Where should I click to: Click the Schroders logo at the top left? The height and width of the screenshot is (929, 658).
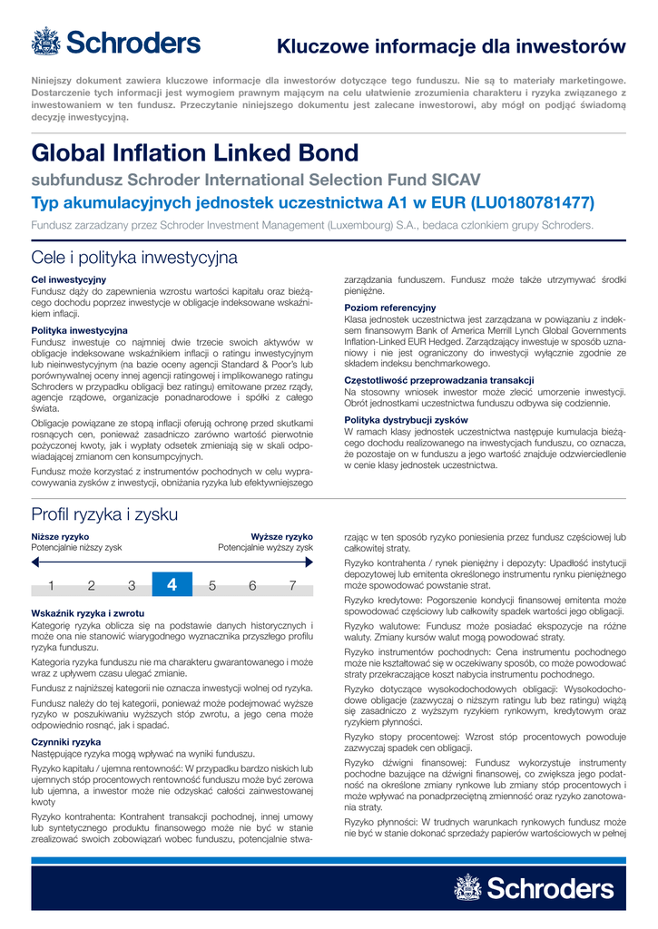click(115, 42)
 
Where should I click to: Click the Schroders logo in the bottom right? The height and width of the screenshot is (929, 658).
click(539, 888)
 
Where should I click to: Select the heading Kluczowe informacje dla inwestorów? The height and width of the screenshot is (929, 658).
click(451, 45)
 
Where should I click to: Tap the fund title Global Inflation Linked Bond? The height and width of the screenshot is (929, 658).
click(195, 152)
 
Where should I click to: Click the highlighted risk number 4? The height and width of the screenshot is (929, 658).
click(172, 585)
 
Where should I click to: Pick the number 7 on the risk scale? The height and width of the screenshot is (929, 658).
click(292, 585)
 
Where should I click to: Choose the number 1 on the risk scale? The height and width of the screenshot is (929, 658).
click(52, 585)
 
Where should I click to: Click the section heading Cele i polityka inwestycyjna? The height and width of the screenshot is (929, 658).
click(134, 257)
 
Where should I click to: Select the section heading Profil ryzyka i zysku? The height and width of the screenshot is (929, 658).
click(104, 514)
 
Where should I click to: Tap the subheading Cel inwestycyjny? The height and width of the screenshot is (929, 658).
click(68, 279)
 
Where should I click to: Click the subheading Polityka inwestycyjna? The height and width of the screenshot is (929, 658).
click(79, 330)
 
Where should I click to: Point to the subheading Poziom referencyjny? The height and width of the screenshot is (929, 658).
click(390, 308)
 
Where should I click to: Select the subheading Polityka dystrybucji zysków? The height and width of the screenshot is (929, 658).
click(406, 420)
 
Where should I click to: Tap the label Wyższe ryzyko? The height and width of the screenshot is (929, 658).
click(281, 537)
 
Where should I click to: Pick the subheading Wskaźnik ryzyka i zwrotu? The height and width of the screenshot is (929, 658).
click(87, 613)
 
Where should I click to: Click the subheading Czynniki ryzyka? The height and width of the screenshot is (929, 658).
click(66, 742)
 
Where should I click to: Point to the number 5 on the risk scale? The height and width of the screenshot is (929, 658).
click(211, 585)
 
